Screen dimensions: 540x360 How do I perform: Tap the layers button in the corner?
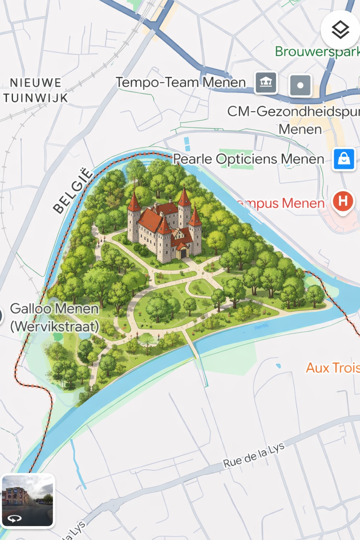tap(340, 30)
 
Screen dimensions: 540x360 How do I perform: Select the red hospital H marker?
tap(343, 201)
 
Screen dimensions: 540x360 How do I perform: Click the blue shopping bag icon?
tap(344, 159)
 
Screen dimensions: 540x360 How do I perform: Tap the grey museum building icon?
tap(266, 83)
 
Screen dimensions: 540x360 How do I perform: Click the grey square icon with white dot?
tap(300, 85)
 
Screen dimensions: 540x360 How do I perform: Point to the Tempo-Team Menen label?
tap(181, 83)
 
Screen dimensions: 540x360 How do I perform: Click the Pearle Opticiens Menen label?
tap(249, 159)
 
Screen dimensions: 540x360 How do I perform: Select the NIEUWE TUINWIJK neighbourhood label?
tap(35, 90)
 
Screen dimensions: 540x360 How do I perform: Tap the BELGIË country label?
tap(73, 191)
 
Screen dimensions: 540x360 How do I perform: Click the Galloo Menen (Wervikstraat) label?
tap(54, 317)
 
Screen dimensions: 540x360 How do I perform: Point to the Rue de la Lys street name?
tap(253, 455)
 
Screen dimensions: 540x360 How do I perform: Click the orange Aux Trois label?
tap(333, 368)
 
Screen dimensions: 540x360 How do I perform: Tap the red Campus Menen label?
tap(281, 203)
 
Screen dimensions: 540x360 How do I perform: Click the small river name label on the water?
tap(261, 326)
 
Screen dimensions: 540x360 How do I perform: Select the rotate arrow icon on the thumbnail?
tap(14, 518)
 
